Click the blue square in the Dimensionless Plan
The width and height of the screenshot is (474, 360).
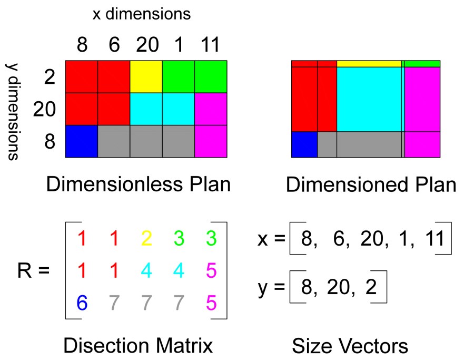click(82, 141)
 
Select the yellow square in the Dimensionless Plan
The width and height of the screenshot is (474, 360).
click(146, 76)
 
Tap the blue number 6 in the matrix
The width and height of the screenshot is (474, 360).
click(82, 303)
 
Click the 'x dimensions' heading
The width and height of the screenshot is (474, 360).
click(141, 14)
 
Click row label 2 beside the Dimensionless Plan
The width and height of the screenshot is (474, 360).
click(50, 77)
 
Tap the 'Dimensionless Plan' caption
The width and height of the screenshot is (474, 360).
click(139, 184)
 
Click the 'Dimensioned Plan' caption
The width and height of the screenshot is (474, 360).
click(371, 185)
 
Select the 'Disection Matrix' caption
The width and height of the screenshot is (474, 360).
click(138, 346)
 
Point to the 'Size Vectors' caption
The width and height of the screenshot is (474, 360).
click(350, 346)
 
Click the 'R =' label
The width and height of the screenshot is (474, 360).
click(33, 271)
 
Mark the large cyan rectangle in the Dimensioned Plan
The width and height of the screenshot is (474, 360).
click(369, 99)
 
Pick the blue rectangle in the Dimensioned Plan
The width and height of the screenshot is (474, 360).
click(304, 144)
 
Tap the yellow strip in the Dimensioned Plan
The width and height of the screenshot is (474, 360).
click(369, 64)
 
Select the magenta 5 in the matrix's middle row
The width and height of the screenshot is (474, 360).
click(211, 271)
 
